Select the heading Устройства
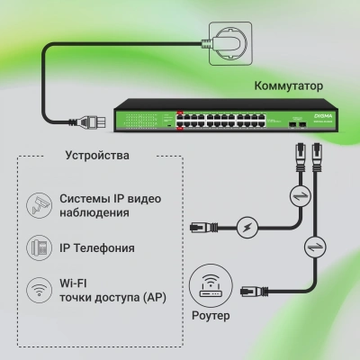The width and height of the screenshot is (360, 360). [97, 154]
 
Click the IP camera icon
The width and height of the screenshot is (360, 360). [38, 204]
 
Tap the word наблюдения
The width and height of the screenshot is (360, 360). [94, 214]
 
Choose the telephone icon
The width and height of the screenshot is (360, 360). [38, 247]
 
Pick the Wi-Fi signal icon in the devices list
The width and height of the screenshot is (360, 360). [38, 290]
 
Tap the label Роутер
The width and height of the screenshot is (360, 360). [211, 316]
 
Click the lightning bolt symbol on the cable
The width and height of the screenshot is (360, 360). [248, 228]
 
